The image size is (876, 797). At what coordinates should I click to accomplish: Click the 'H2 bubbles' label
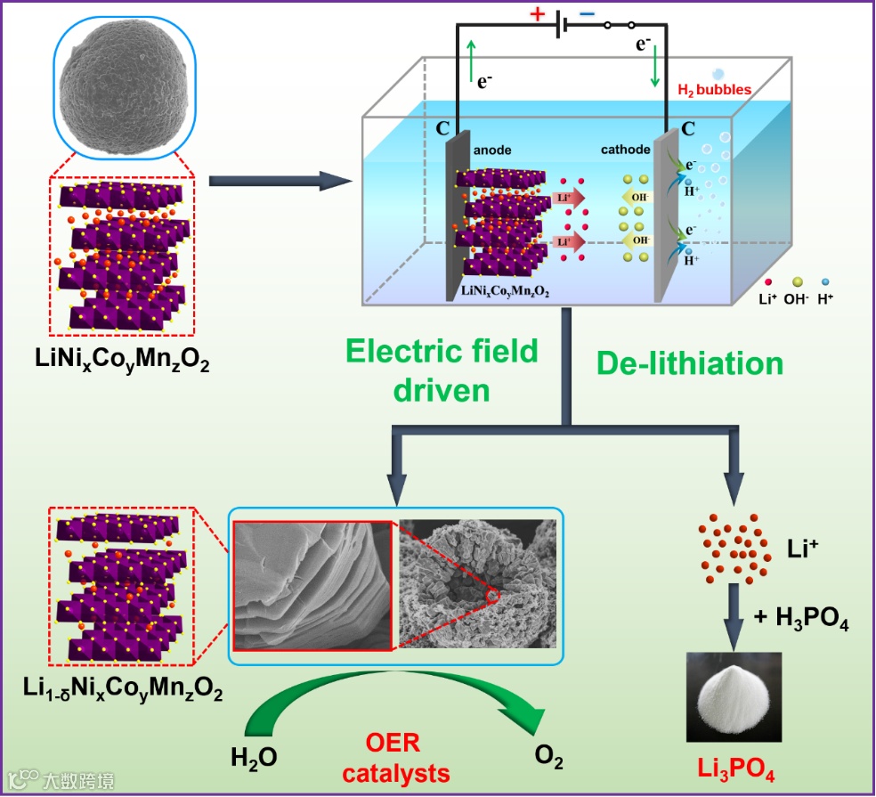coord(715,89)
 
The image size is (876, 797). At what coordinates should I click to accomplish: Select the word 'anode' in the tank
coord(492,150)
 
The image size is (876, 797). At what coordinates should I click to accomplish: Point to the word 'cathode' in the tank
coord(625,150)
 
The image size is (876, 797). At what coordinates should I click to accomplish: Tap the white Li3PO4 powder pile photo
coord(734,695)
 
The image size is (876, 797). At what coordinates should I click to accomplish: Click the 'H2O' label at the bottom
coord(254,759)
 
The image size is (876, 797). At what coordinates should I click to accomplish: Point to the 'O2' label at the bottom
coord(548,759)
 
